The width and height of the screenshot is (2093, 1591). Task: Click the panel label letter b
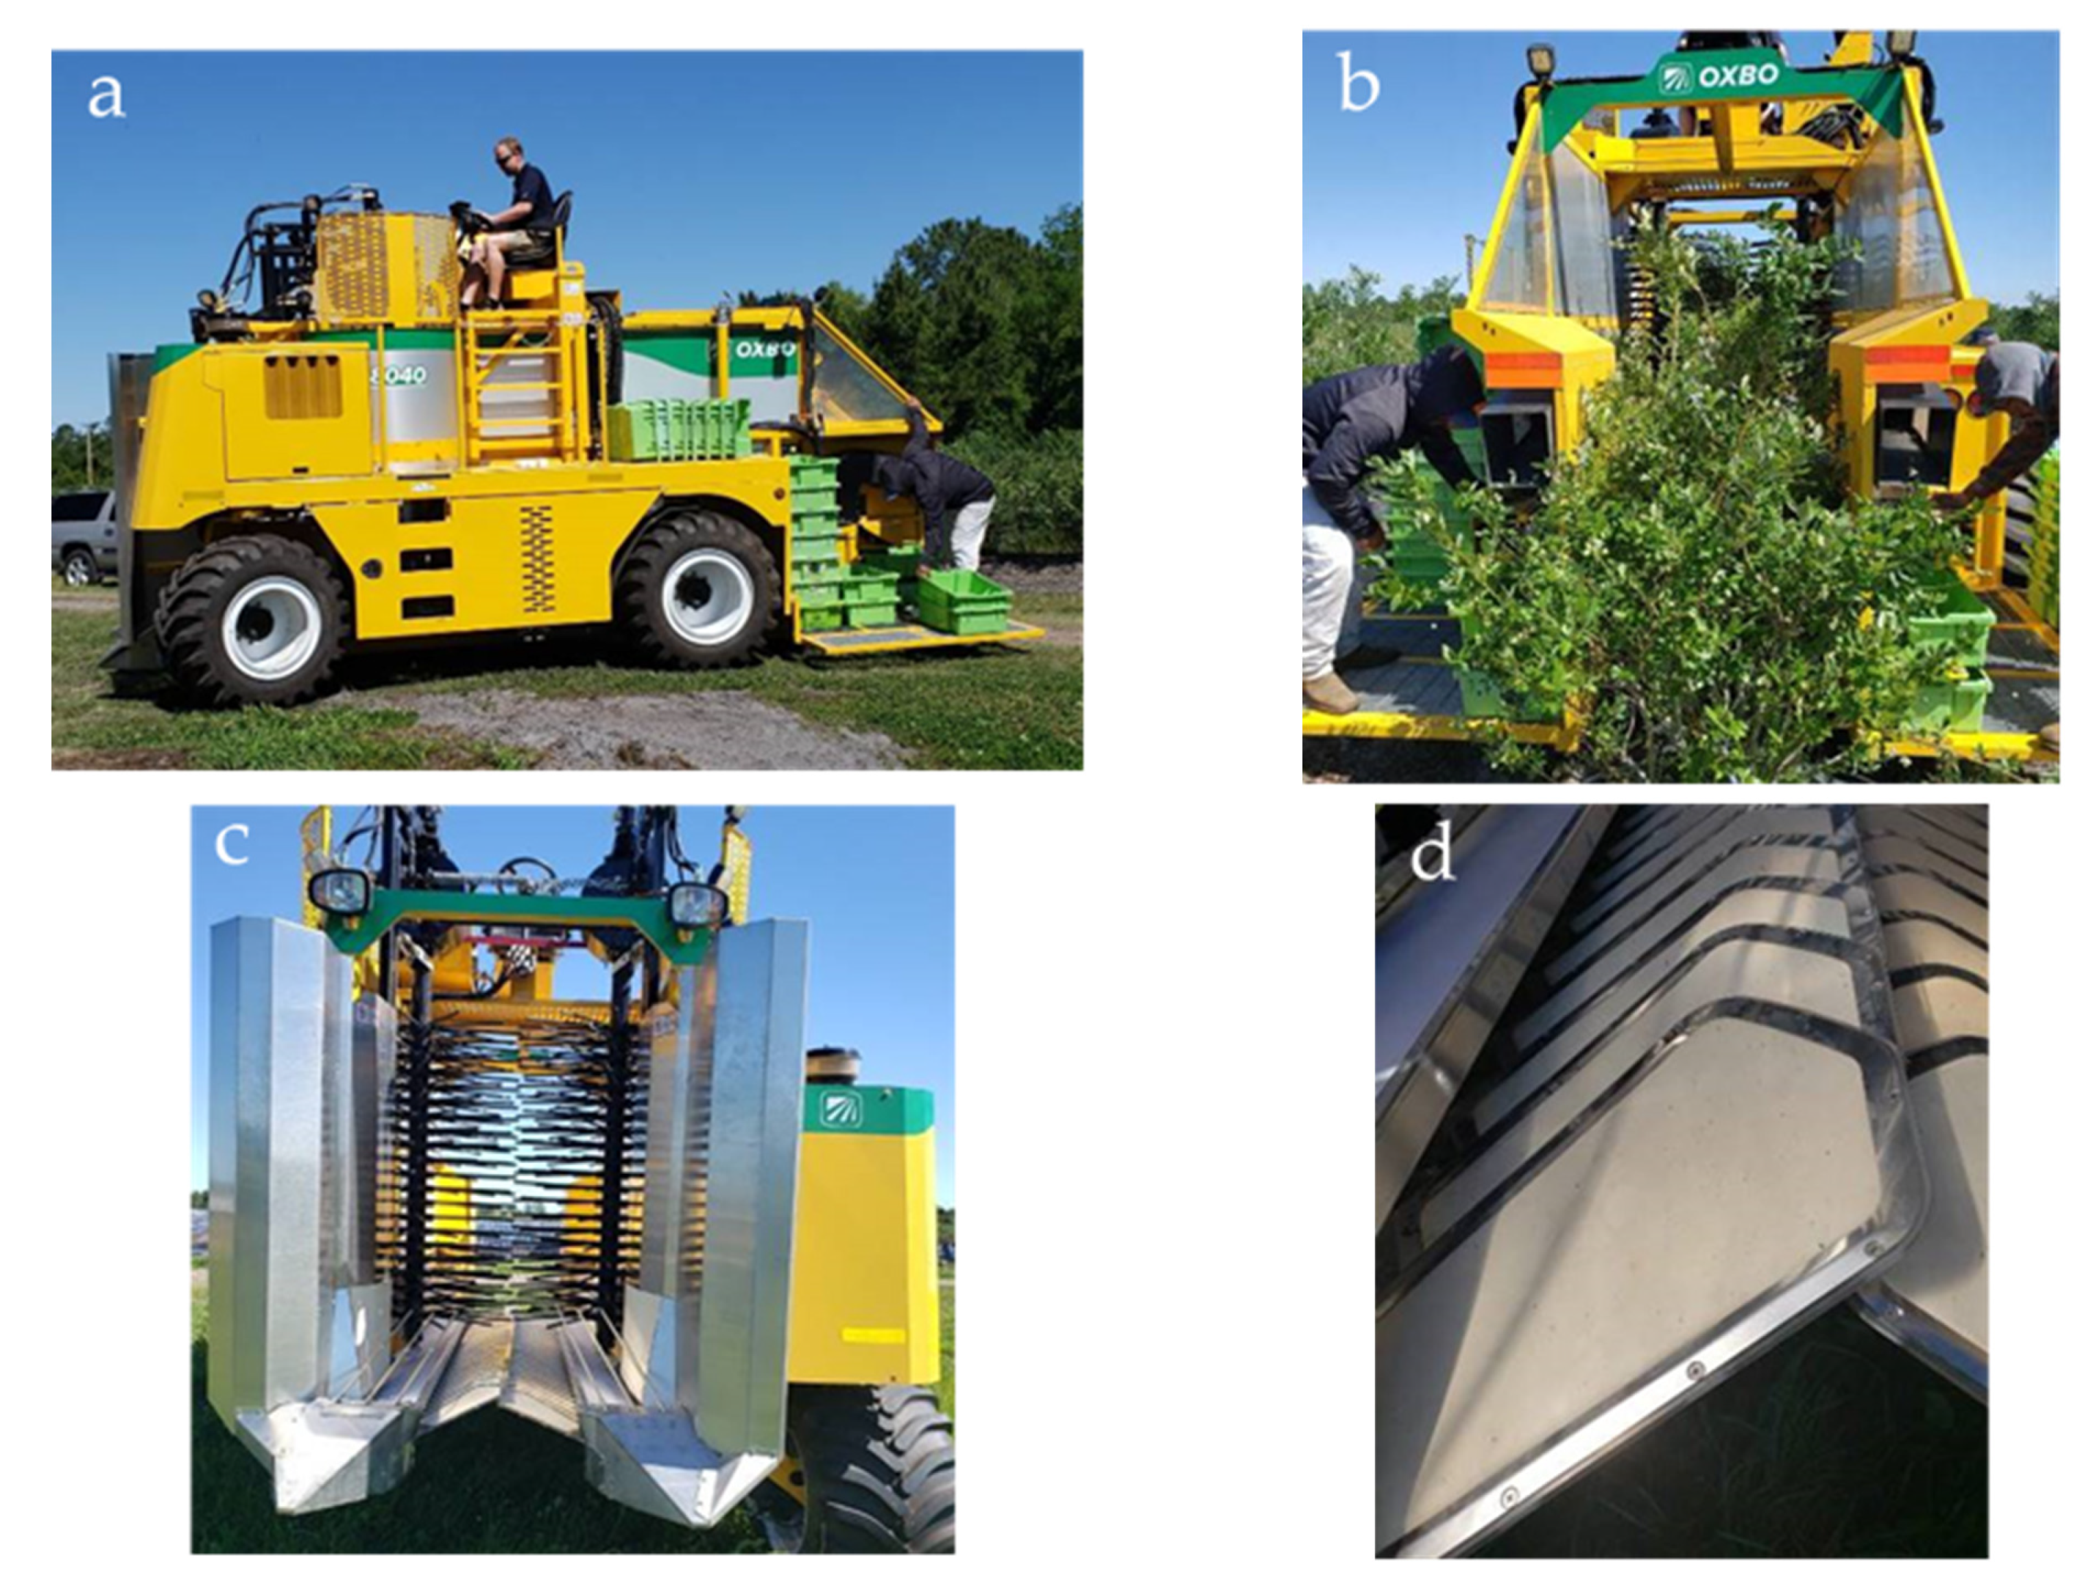[x=1357, y=82]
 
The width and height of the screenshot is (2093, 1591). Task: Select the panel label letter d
[x=1431, y=854]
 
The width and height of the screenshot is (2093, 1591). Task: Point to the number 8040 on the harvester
[x=403, y=375]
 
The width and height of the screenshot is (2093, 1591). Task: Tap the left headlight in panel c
[x=340, y=890]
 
